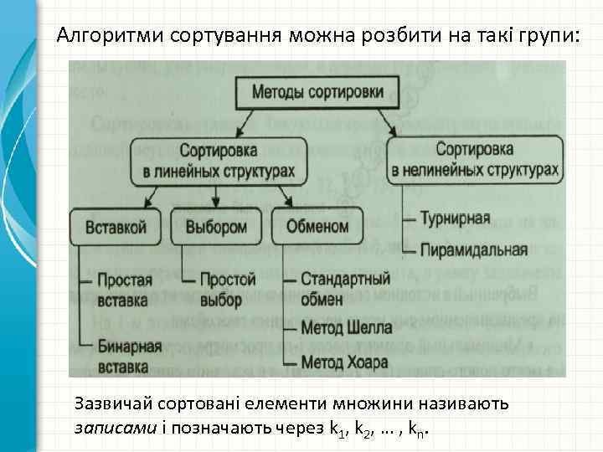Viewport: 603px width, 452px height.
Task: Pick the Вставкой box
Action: (x=116, y=227)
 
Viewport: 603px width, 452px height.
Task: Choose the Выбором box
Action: (x=216, y=227)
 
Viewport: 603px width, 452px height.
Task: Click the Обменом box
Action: (x=317, y=227)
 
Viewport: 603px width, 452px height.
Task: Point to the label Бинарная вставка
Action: (x=128, y=355)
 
